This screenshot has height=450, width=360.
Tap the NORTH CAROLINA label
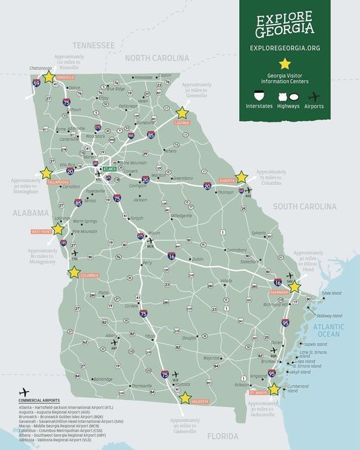coord(157,58)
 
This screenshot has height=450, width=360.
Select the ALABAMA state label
coord(30,212)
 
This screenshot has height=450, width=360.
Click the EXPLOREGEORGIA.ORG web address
coord(300,48)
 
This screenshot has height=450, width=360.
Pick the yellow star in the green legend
coord(299,63)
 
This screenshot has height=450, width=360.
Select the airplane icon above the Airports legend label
coord(316,96)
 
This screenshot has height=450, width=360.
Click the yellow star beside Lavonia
coord(182,112)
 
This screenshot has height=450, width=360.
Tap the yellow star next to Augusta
coord(241,177)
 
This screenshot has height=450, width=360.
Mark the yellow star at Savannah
coord(295,287)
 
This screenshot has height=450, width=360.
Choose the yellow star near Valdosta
coord(185,398)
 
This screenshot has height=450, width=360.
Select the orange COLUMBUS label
coord(89,276)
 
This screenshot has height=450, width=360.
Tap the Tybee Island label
coord(331,292)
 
